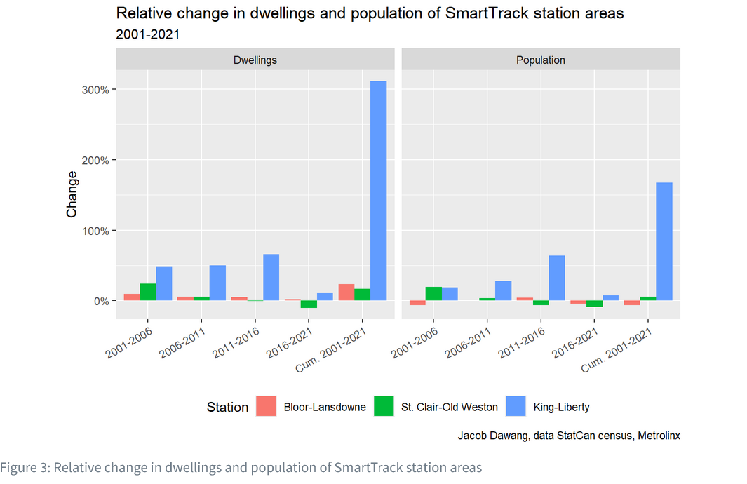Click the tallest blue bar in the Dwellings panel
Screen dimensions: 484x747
[378, 191]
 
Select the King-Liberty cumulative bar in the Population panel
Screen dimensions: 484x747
[664, 241]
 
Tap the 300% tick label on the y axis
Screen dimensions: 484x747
[93, 90]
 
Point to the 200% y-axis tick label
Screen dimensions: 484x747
[93, 160]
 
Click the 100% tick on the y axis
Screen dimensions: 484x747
[93, 231]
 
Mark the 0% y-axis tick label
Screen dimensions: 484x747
[97, 301]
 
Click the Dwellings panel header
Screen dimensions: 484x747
[255, 60]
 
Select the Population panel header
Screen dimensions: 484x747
[541, 60]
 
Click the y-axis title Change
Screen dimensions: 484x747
[72, 194]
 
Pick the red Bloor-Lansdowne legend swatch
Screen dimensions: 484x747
[266, 407]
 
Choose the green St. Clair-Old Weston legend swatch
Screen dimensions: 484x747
[384, 407]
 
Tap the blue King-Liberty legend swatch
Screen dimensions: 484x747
[516, 407]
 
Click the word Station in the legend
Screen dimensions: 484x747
[227, 408]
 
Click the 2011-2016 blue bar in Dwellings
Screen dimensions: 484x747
[271, 277]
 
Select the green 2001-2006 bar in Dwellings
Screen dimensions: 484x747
[148, 292]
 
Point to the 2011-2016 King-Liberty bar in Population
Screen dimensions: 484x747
[557, 278]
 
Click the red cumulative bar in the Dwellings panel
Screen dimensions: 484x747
[346, 293]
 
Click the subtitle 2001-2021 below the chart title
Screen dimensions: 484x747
[147, 34]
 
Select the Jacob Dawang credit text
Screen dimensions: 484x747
[569, 436]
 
